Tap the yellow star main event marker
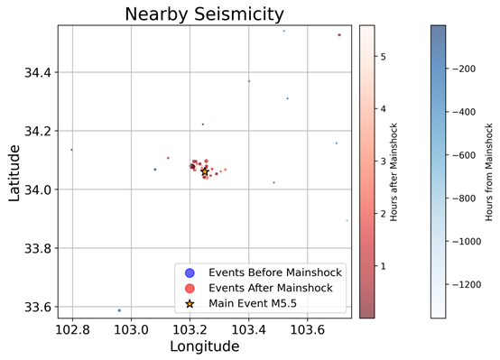point(205,171)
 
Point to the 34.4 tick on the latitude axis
point(39,72)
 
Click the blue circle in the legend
point(188,272)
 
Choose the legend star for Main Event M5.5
point(188,303)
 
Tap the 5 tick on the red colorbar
point(383,56)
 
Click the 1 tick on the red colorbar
point(383,267)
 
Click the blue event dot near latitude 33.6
point(119,310)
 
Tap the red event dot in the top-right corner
point(339,35)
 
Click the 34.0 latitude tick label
point(39,189)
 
